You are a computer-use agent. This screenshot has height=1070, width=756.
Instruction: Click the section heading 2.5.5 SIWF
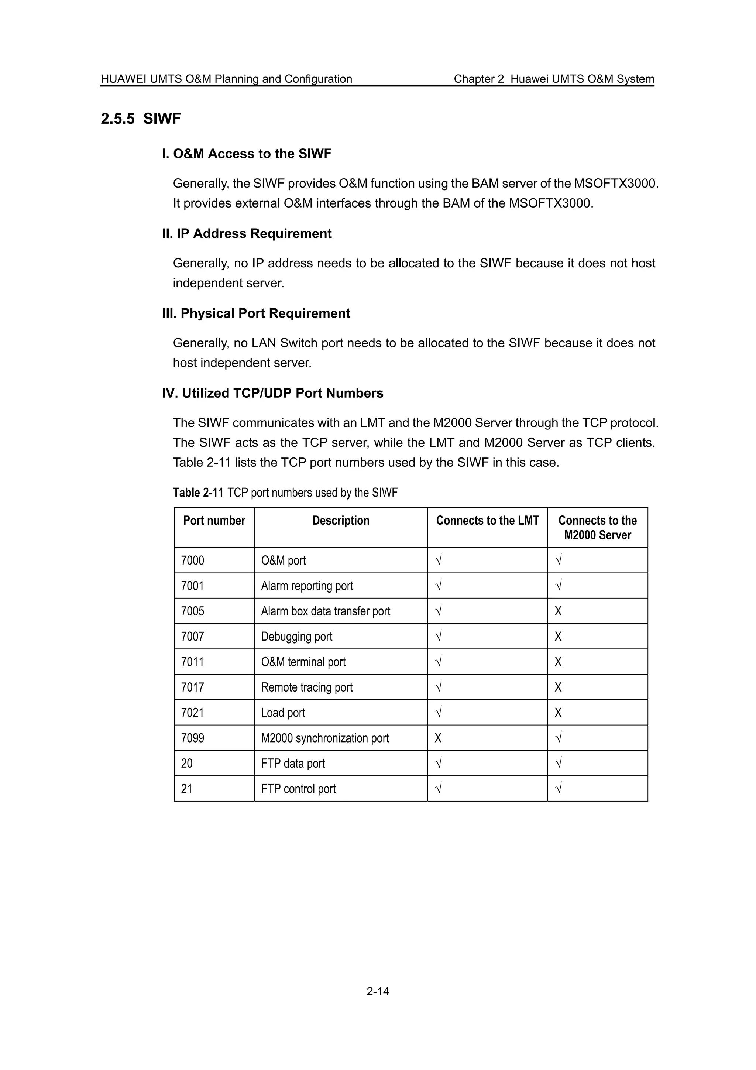tap(141, 119)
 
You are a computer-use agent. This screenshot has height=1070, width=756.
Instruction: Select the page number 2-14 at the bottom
tap(377, 991)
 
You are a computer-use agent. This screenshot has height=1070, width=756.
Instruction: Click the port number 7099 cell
tap(192, 738)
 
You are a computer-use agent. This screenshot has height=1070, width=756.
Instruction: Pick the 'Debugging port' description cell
tap(296, 637)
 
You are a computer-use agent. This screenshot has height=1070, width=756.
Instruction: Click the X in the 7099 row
tap(438, 738)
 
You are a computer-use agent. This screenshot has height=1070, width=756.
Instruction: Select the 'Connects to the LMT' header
tap(487, 521)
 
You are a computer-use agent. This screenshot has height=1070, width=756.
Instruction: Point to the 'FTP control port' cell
tap(298, 789)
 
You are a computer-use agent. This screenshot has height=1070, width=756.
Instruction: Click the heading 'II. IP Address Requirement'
tap(247, 233)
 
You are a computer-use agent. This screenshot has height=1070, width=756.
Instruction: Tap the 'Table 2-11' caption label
tap(198, 493)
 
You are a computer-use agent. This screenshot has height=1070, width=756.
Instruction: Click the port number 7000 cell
tap(192, 560)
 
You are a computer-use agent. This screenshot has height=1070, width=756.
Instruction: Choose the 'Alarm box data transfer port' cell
tap(325, 611)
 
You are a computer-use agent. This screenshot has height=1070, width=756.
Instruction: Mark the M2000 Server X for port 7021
tap(558, 713)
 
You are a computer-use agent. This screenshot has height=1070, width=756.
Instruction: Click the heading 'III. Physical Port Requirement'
tap(256, 313)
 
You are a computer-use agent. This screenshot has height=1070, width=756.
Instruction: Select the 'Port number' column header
tap(214, 521)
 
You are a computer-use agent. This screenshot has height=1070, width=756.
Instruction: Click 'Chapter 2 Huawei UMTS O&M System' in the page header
tap(553, 79)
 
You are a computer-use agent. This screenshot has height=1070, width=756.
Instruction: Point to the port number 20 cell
tap(186, 763)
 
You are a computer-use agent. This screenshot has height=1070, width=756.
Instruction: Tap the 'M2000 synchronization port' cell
tap(325, 738)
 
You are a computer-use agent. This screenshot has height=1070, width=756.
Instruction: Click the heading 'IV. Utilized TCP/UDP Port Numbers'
tap(272, 393)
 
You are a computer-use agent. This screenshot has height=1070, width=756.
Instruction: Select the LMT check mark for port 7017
tap(438, 686)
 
